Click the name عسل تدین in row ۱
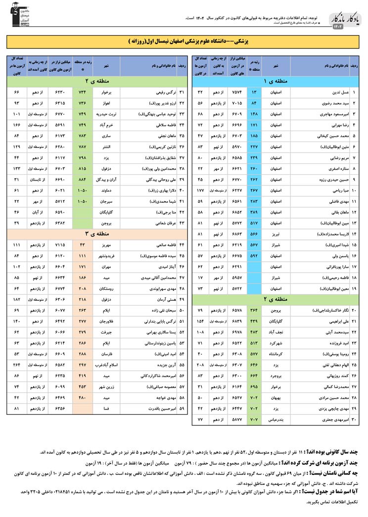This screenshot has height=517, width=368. click(x=341, y=92)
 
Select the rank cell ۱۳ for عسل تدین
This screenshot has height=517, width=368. click(x=254, y=92)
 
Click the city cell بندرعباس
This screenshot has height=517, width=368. click(x=276, y=420)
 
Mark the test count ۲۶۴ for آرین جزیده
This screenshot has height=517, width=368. click(x=17, y=365)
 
